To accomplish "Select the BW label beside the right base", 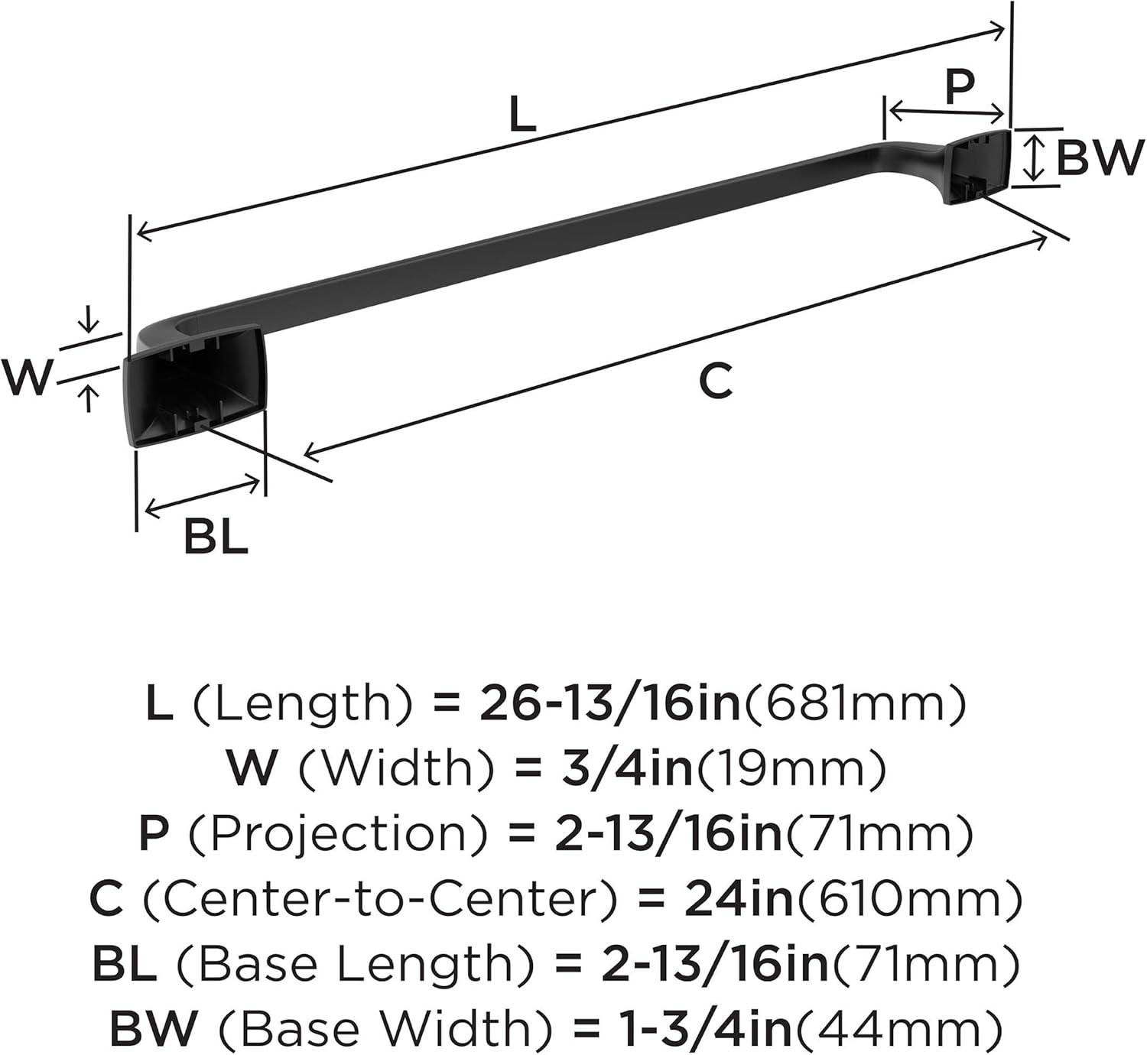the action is pos(1097,157).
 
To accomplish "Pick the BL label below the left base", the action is pos(216,537).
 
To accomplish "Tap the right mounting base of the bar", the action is pos(976,166).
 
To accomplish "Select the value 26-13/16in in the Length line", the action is pos(609,704).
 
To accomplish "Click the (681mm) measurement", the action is pos(853,704).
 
